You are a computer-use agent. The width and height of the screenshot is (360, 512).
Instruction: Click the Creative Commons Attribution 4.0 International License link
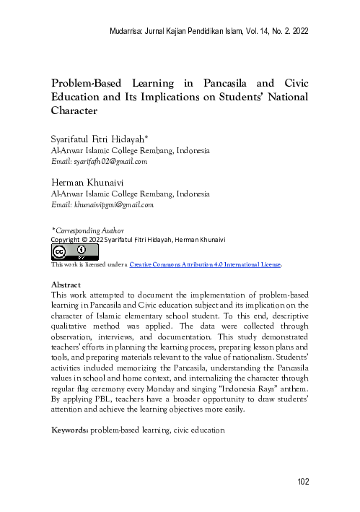(205, 266)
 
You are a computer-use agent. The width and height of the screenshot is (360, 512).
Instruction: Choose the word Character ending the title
(73, 112)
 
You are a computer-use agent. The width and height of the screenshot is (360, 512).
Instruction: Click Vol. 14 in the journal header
(250, 32)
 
